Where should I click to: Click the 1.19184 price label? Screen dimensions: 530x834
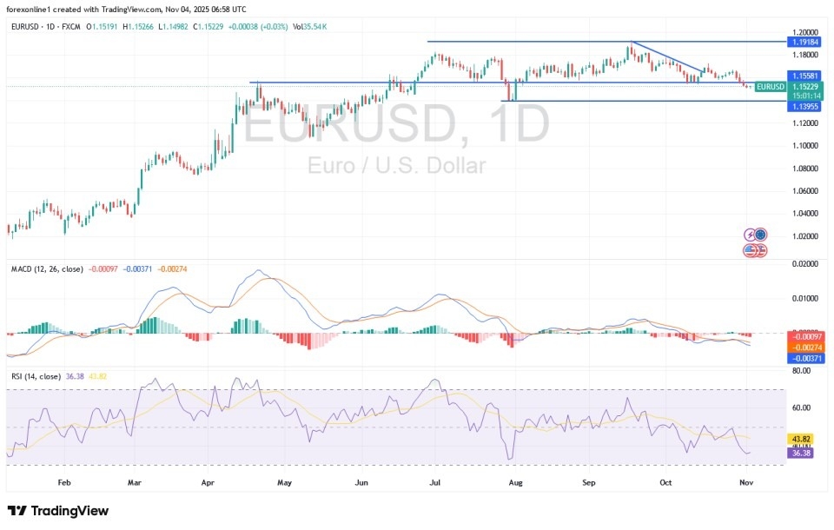(x=804, y=41)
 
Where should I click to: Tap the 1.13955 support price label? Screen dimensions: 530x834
(x=804, y=106)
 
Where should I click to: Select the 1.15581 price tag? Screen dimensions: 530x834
(x=804, y=76)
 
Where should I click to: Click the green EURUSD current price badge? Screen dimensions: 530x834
(x=771, y=86)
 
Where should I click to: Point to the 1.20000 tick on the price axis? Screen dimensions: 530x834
(x=804, y=31)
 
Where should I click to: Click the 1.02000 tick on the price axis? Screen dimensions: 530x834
(x=804, y=235)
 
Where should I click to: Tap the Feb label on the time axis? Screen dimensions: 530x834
(x=63, y=480)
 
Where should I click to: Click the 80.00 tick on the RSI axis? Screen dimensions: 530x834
(x=801, y=371)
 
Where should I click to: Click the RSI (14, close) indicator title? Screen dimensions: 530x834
(x=36, y=377)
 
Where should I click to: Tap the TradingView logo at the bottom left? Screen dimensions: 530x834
(x=58, y=511)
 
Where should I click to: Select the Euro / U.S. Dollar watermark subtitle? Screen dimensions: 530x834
(x=396, y=166)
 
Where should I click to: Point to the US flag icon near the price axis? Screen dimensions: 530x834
(x=751, y=250)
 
